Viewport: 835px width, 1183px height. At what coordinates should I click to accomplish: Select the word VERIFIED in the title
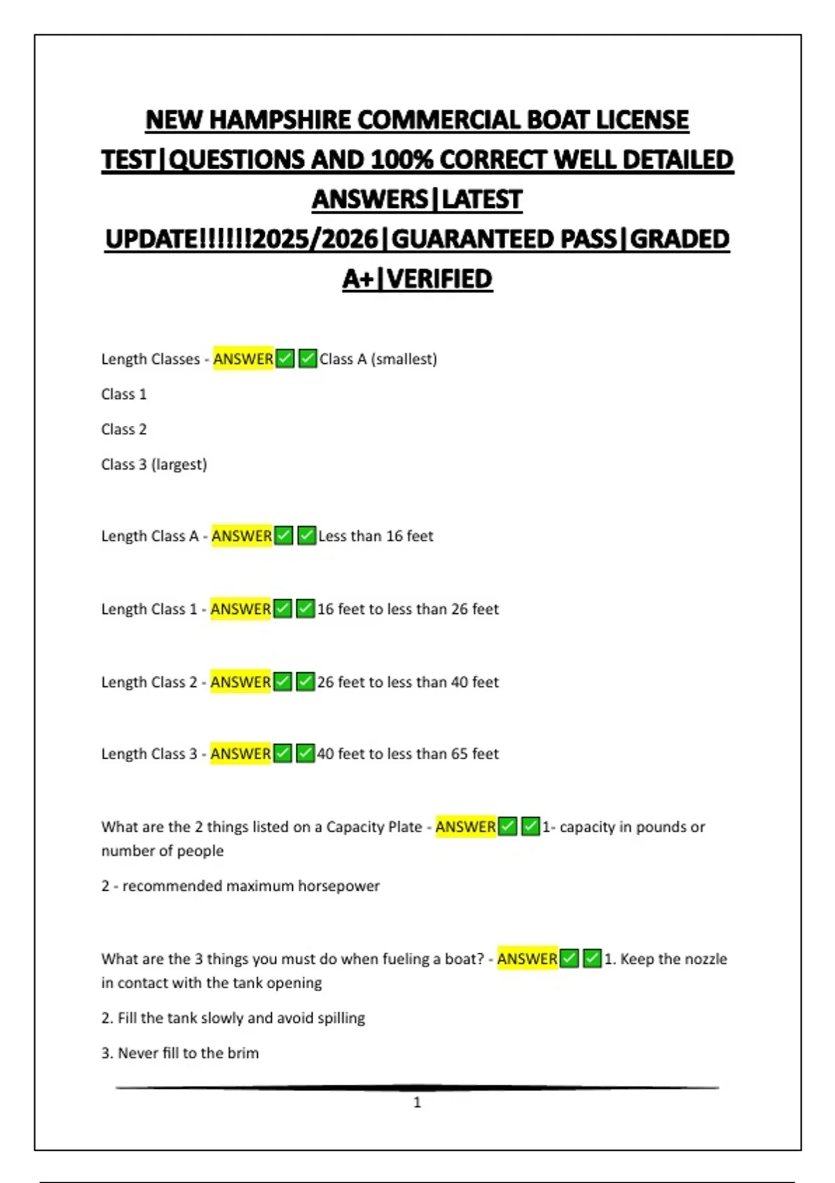pos(439,279)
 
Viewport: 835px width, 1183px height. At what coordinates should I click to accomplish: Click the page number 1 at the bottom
pos(417,1102)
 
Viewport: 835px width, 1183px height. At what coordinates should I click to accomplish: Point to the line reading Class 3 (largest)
pos(154,464)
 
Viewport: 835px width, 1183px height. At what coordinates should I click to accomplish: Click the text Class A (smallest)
pos(378,359)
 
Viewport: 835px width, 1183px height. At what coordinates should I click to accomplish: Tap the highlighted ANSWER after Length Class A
pos(241,536)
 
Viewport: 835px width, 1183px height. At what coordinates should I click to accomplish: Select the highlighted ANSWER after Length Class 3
pos(241,754)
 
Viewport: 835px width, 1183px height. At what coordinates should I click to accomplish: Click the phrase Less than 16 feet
pos(376,536)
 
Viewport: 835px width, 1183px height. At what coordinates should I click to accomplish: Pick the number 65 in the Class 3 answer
pos(459,754)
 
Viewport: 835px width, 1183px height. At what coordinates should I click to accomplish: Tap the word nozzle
pos(707,959)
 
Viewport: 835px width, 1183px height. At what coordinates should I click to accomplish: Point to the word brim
pos(243,1053)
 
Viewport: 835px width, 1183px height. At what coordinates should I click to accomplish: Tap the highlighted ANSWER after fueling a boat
pos(527,959)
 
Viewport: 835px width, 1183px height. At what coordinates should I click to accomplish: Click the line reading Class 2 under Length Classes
pos(124,429)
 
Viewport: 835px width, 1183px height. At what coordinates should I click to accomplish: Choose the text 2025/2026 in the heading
pos(317,239)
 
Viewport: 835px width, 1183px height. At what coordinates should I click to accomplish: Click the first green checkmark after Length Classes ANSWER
pos(285,359)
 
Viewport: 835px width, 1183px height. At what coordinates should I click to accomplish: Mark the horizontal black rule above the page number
pos(417,1087)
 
